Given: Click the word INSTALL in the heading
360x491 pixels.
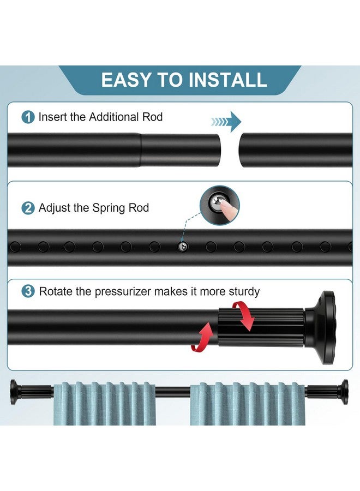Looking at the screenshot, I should click(x=227, y=80).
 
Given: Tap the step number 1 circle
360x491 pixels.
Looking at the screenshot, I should click(x=28, y=117).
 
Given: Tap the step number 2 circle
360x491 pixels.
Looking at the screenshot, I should click(x=28, y=208).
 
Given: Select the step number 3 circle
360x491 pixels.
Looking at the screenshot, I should click(x=28, y=291).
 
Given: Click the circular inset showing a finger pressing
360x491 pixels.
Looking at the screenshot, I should click(x=220, y=205).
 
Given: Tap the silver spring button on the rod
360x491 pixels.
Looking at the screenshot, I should click(x=182, y=247).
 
